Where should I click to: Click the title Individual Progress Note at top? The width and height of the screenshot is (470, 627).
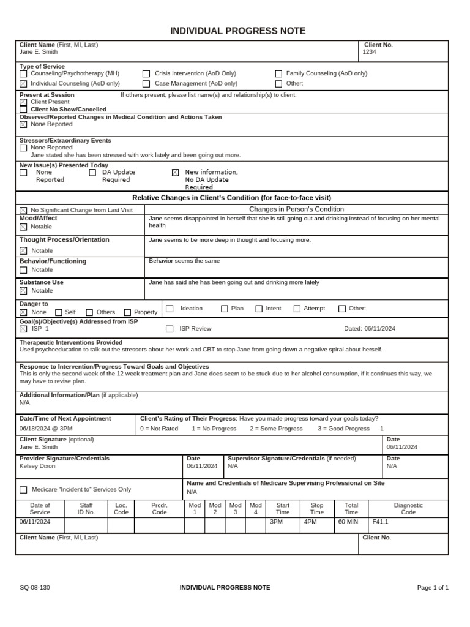click(x=237, y=31)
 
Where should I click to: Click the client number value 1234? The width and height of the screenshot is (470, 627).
click(x=369, y=52)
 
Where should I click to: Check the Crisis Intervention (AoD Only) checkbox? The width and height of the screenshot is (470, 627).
click(x=146, y=73)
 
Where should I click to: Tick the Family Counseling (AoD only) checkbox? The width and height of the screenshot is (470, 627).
click(x=278, y=73)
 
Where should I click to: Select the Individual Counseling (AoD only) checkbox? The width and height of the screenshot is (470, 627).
click(x=23, y=84)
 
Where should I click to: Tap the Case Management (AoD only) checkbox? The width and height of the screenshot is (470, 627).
click(x=146, y=84)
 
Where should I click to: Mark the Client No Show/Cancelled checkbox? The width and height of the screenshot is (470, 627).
click(x=23, y=110)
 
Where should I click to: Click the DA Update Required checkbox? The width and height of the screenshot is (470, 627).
click(x=92, y=173)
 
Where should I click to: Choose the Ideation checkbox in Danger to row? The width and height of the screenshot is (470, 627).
click(x=170, y=309)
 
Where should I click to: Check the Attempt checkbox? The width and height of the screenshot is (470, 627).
click(x=297, y=309)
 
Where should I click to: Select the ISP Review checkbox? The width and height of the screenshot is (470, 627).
click(x=170, y=329)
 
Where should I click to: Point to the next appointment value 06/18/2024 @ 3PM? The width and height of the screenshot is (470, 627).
click(x=46, y=429)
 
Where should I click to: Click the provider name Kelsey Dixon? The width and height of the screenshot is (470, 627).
click(x=37, y=466)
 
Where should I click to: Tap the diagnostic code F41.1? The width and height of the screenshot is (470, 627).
click(x=381, y=522)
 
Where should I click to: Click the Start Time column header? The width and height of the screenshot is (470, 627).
click(x=283, y=509)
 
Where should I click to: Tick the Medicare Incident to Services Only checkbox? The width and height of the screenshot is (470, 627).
click(x=23, y=490)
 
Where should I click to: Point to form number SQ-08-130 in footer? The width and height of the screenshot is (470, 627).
click(x=35, y=588)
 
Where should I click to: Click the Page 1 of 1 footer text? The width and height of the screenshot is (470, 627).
click(x=433, y=588)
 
